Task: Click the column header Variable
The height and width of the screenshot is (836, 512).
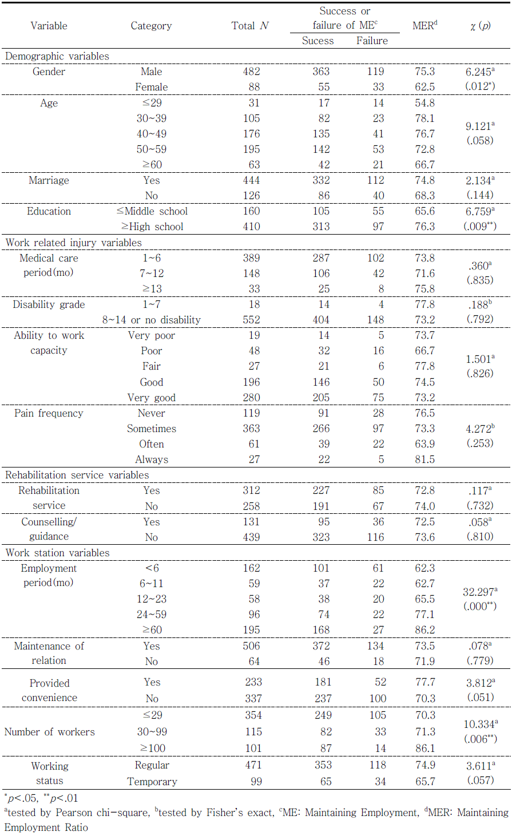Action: tap(49, 26)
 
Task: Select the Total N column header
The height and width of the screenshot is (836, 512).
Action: tap(250, 26)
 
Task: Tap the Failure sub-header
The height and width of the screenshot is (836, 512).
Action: tap(372, 41)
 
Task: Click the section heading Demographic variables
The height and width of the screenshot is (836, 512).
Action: tap(57, 56)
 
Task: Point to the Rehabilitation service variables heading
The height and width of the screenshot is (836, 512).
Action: tap(77, 475)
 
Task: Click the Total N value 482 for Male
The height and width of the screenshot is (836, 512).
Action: tap(251, 72)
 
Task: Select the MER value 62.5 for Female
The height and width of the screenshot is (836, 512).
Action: tap(424, 87)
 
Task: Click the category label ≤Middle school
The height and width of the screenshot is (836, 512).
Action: tap(152, 211)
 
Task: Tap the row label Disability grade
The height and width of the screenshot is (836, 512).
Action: tap(49, 304)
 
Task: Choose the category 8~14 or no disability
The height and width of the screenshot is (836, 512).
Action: tap(152, 320)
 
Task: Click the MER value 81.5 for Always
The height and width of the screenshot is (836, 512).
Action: tap(424, 459)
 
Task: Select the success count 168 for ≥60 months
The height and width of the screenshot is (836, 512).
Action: tap(321, 630)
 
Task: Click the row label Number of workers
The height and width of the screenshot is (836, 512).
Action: tap(50, 732)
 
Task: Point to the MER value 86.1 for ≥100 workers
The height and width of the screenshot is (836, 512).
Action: tap(424, 748)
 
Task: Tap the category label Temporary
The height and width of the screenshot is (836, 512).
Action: tap(152, 782)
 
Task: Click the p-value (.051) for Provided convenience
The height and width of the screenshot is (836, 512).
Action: tap(479, 697)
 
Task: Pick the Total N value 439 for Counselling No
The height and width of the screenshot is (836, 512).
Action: tap(251, 537)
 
